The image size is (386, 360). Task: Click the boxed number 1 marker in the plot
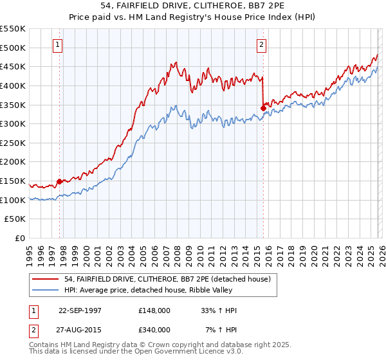[x=59, y=45]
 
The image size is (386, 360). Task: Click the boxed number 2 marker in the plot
[x=262, y=45]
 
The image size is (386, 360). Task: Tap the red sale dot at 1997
[x=60, y=181]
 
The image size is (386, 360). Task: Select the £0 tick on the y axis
[x=20, y=238]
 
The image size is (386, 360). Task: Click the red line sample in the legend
[x=46, y=278]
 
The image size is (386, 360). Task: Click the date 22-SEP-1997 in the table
[x=80, y=310]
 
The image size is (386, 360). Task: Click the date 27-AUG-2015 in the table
[x=80, y=329]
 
